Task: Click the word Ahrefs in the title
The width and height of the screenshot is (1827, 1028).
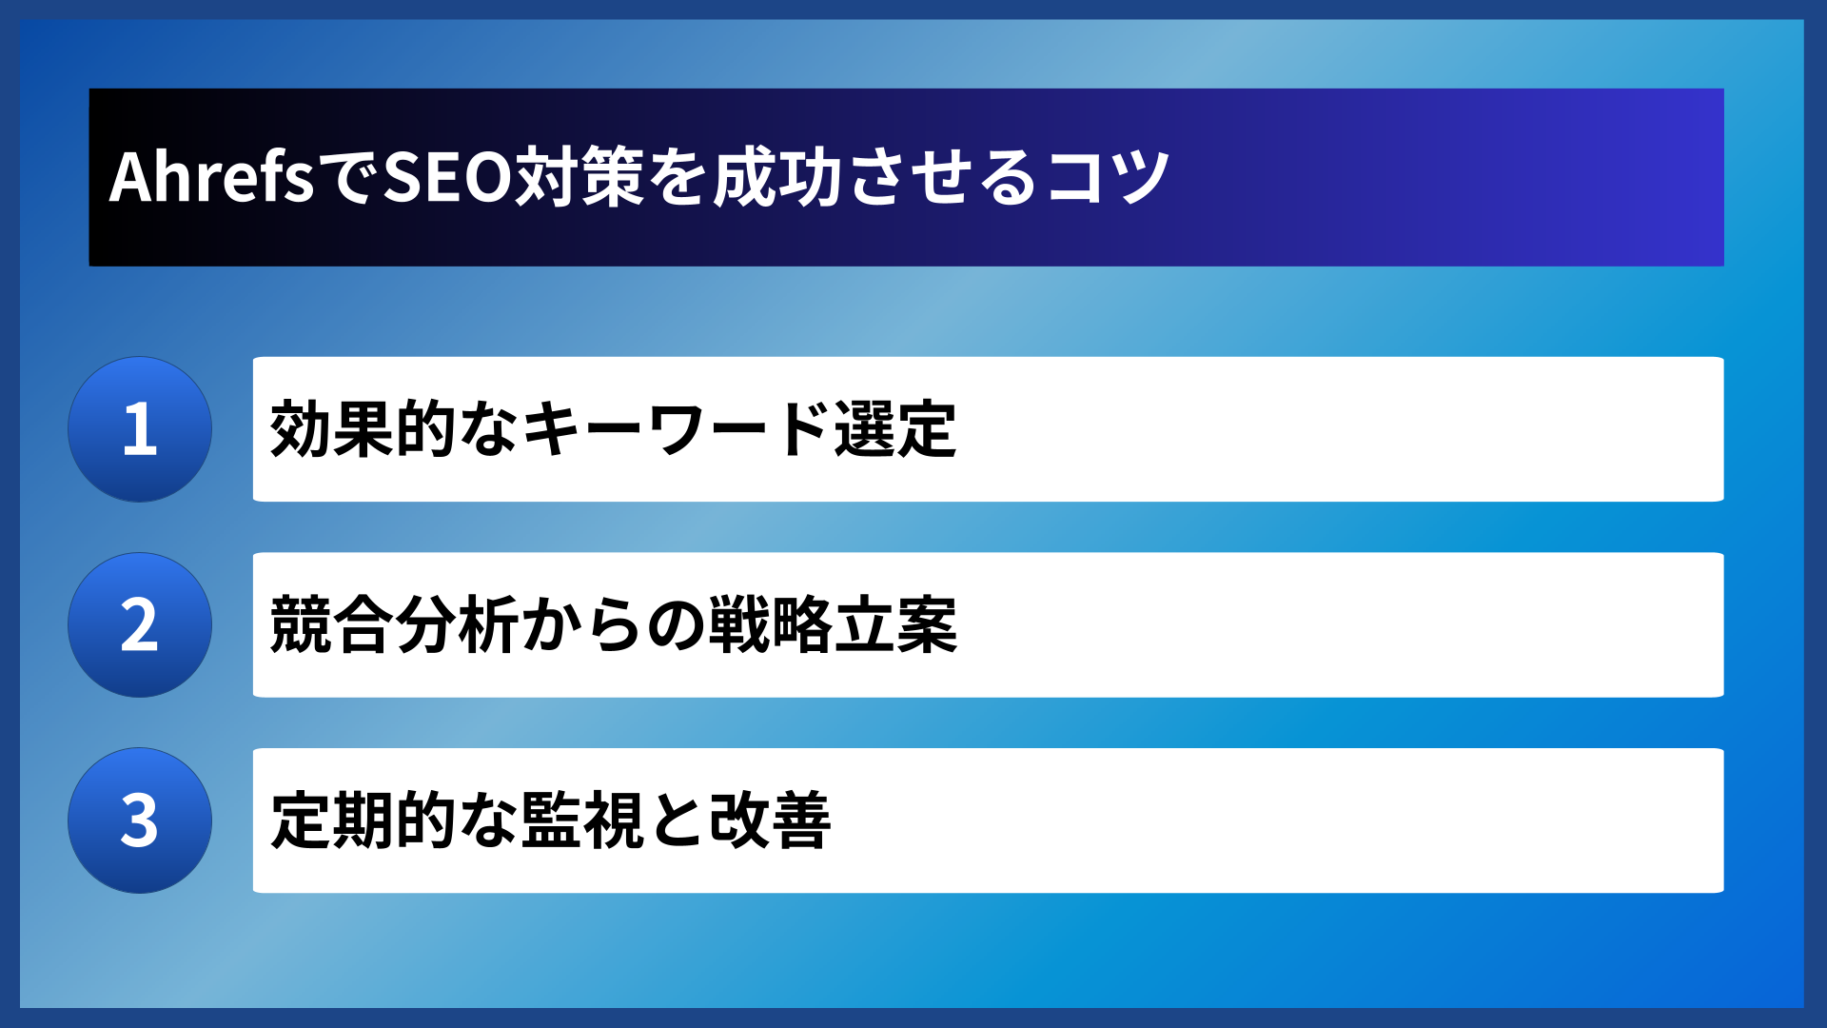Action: click(211, 178)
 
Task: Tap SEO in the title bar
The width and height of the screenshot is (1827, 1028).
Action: click(448, 178)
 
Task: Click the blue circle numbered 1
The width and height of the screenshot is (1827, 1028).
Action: click(140, 429)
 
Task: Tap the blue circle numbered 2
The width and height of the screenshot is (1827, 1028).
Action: click(140, 625)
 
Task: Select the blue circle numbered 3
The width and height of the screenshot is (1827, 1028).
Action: click(140, 820)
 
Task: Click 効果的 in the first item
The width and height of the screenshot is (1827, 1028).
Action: click(363, 429)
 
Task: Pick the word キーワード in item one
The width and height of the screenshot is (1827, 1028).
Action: click(676, 429)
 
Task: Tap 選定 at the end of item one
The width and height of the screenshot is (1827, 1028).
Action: click(894, 429)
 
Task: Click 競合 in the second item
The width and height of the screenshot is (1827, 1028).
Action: click(332, 625)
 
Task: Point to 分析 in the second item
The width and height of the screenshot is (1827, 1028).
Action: click(458, 625)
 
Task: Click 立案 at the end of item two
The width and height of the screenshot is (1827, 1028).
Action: click(895, 625)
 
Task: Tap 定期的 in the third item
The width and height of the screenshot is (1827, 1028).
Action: click(363, 820)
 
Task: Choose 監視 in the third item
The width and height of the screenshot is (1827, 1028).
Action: click(582, 820)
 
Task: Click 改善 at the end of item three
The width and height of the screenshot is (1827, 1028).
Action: click(770, 820)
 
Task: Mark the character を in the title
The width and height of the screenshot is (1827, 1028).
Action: click(678, 178)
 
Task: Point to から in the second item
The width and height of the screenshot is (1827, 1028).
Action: click(582, 625)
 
